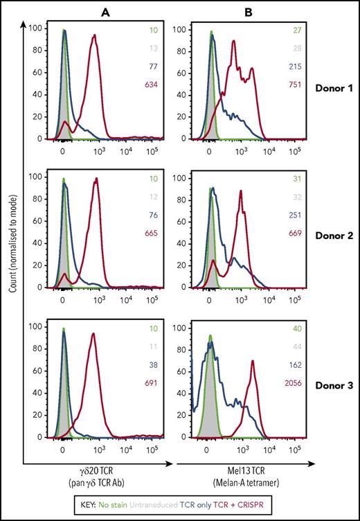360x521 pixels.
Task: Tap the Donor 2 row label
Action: (x=331, y=236)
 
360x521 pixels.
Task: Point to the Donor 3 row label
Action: (x=331, y=383)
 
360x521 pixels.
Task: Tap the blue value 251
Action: (x=294, y=216)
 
